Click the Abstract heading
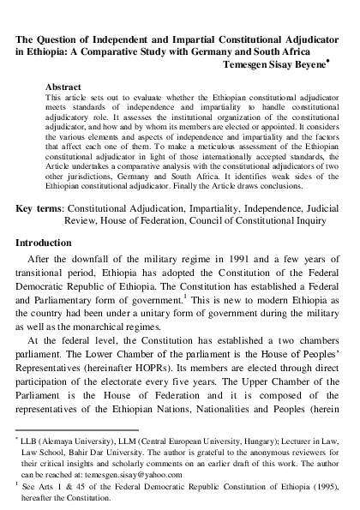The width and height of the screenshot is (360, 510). tap(64, 87)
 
